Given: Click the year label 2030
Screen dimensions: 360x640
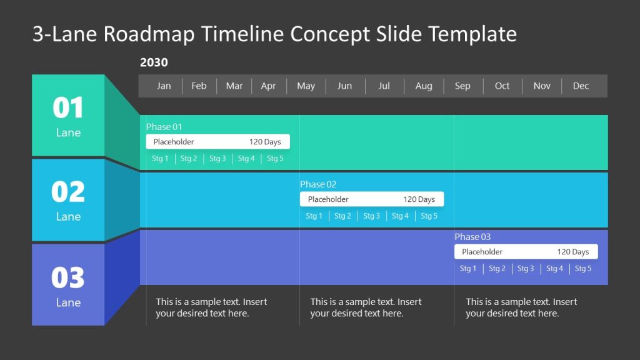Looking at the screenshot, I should click(x=154, y=62).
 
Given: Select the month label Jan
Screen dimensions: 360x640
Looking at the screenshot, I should click(x=164, y=86).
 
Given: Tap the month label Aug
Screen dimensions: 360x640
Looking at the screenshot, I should click(x=424, y=86).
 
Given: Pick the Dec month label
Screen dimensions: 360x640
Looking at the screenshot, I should click(x=581, y=86).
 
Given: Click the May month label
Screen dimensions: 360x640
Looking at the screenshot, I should click(x=306, y=86).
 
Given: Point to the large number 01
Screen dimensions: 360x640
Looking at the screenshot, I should click(x=68, y=108).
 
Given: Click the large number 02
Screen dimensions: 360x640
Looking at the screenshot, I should click(x=68, y=192).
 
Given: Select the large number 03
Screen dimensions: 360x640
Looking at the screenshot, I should click(x=68, y=277).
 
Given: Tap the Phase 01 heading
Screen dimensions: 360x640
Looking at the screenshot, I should click(x=164, y=127).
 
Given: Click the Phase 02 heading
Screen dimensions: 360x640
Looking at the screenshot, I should click(x=318, y=184).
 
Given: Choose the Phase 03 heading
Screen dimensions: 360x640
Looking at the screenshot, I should click(x=472, y=237).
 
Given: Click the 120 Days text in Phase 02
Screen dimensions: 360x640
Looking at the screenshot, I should click(x=419, y=199).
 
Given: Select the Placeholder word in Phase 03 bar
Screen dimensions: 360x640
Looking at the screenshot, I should click(x=482, y=252).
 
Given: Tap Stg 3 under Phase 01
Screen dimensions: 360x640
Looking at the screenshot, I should click(x=217, y=159).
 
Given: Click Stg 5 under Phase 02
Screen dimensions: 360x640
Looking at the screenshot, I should click(x=429, y=216).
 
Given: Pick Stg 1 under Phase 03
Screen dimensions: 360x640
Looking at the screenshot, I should click(x=468, y=269).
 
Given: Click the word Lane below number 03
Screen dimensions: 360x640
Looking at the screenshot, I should click(x=68, y=302).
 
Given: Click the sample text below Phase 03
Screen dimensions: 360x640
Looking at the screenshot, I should click(x=521, y=307).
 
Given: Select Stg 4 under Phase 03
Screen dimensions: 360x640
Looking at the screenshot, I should click(x=554, y=269).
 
